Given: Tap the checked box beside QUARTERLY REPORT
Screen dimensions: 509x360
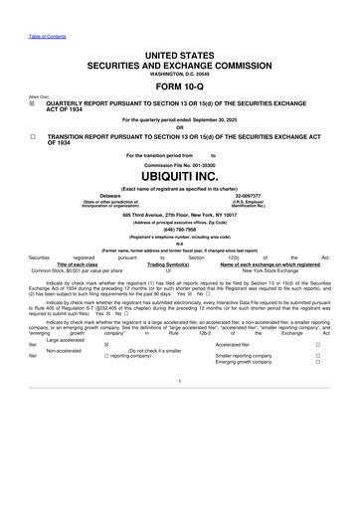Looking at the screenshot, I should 34,99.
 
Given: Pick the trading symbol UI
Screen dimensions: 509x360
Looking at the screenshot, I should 169,270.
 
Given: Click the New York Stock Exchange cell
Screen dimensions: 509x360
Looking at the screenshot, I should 270,270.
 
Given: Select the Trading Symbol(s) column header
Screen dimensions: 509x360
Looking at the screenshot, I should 169,263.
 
